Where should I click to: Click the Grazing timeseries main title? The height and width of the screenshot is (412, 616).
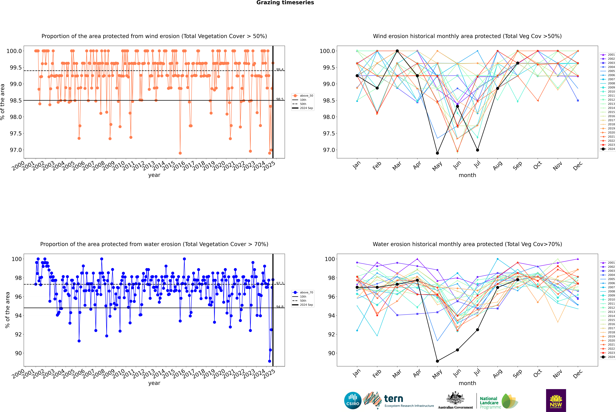285,3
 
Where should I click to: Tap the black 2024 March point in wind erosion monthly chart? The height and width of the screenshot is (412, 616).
397,51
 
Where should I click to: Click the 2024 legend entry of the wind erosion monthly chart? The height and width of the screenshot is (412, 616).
609,149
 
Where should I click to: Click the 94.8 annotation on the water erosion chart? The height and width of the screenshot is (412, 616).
280,307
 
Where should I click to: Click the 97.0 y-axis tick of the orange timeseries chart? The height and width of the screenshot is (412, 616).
16,150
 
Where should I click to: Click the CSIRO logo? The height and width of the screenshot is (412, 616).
353,400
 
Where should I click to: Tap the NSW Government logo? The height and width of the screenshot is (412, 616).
556,400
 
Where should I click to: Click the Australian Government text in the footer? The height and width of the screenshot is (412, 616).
455,407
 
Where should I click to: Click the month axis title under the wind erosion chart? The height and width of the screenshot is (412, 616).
467,175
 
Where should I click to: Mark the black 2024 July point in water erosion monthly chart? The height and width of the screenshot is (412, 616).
477,330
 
